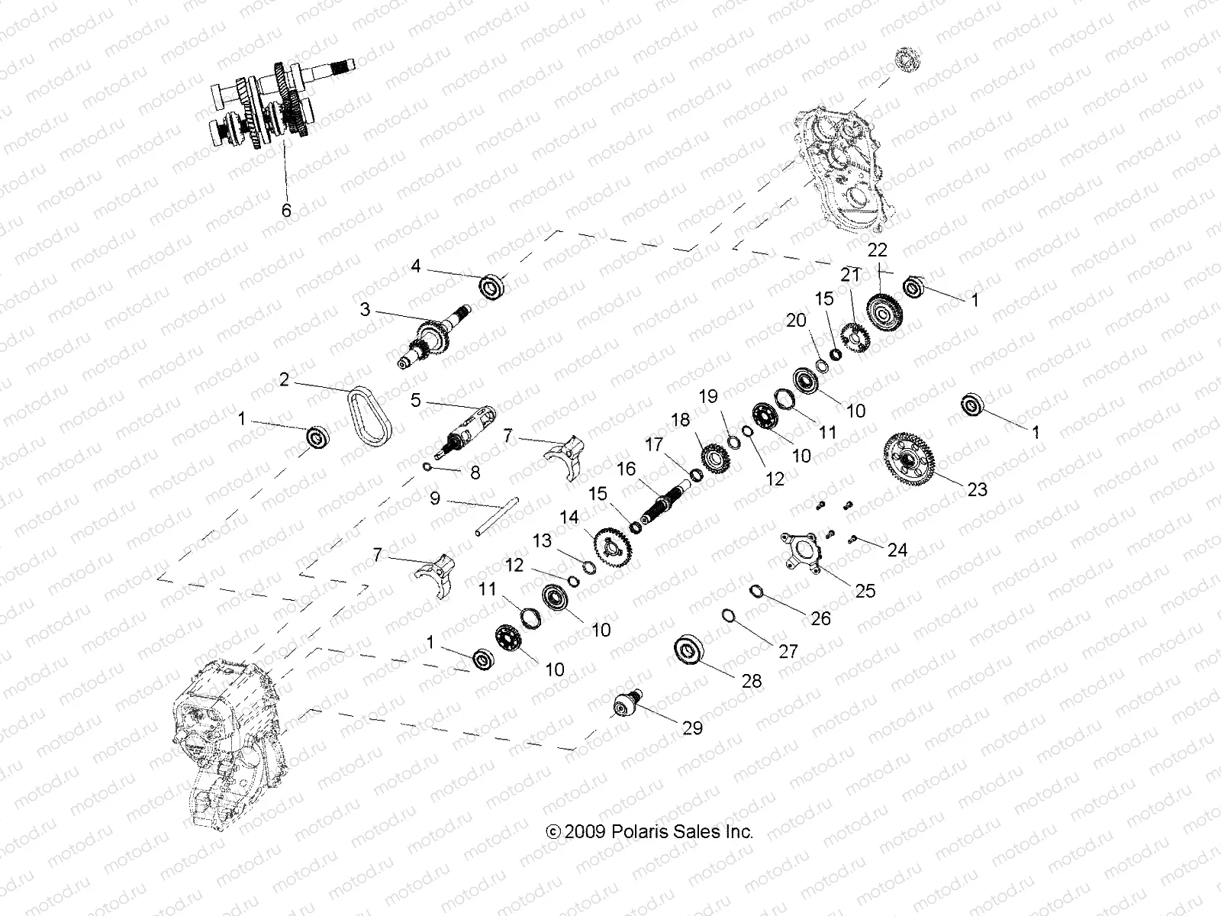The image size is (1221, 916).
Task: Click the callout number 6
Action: [x=286, y=210]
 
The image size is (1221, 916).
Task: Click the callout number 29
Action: [x=692, y=727]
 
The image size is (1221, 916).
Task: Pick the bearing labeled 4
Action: [x=493, y=288]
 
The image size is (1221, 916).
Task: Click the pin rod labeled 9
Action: [x=485, y=518]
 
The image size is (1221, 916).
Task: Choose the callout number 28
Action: [x=752, y=681]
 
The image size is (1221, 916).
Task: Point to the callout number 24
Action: [x=897, y=550]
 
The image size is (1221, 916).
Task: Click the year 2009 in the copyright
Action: [x=585, y=832]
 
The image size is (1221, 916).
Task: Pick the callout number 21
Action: [x=850, y=275]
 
